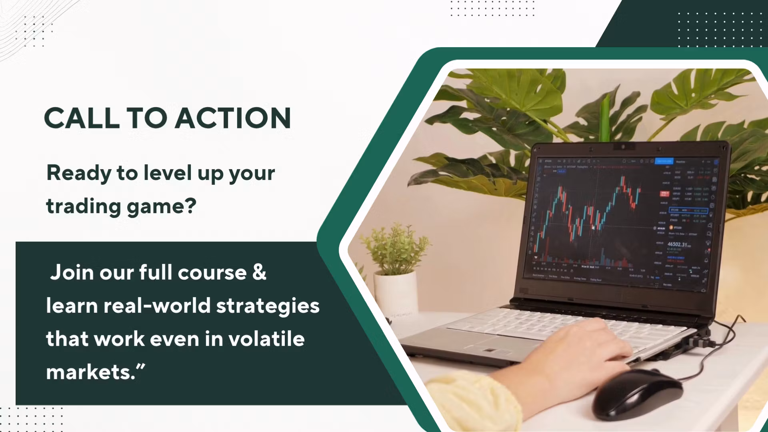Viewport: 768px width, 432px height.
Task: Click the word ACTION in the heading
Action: (x=233, y=118)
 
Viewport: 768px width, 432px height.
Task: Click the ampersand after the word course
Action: (x=259, y=272)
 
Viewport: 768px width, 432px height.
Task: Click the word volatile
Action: (x=266, y=339)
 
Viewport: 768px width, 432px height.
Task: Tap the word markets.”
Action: (x=95, y=372)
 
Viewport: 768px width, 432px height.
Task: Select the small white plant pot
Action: (x=395, y=294)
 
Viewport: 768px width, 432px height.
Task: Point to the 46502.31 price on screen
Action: (x=677, y=244)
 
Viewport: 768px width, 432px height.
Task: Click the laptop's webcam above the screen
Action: (x=622, y=147)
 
